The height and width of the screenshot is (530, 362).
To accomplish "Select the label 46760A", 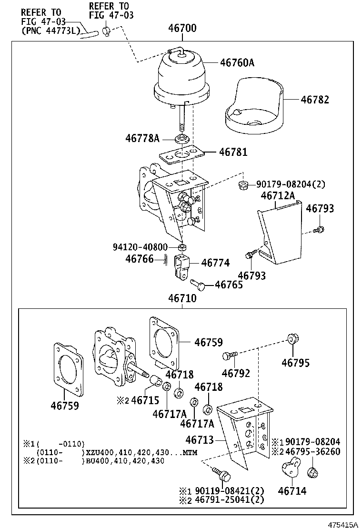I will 237,62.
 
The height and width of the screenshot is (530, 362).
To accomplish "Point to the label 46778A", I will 142,138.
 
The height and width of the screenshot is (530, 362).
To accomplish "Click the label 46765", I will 229,285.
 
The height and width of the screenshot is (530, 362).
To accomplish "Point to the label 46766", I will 140,259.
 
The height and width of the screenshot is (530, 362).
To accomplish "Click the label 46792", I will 236,374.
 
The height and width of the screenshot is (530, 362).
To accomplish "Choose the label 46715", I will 145,400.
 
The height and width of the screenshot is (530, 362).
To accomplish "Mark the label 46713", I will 200,440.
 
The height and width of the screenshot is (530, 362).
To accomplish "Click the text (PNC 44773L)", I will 48,31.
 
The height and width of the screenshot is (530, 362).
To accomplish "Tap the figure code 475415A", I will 342,524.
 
